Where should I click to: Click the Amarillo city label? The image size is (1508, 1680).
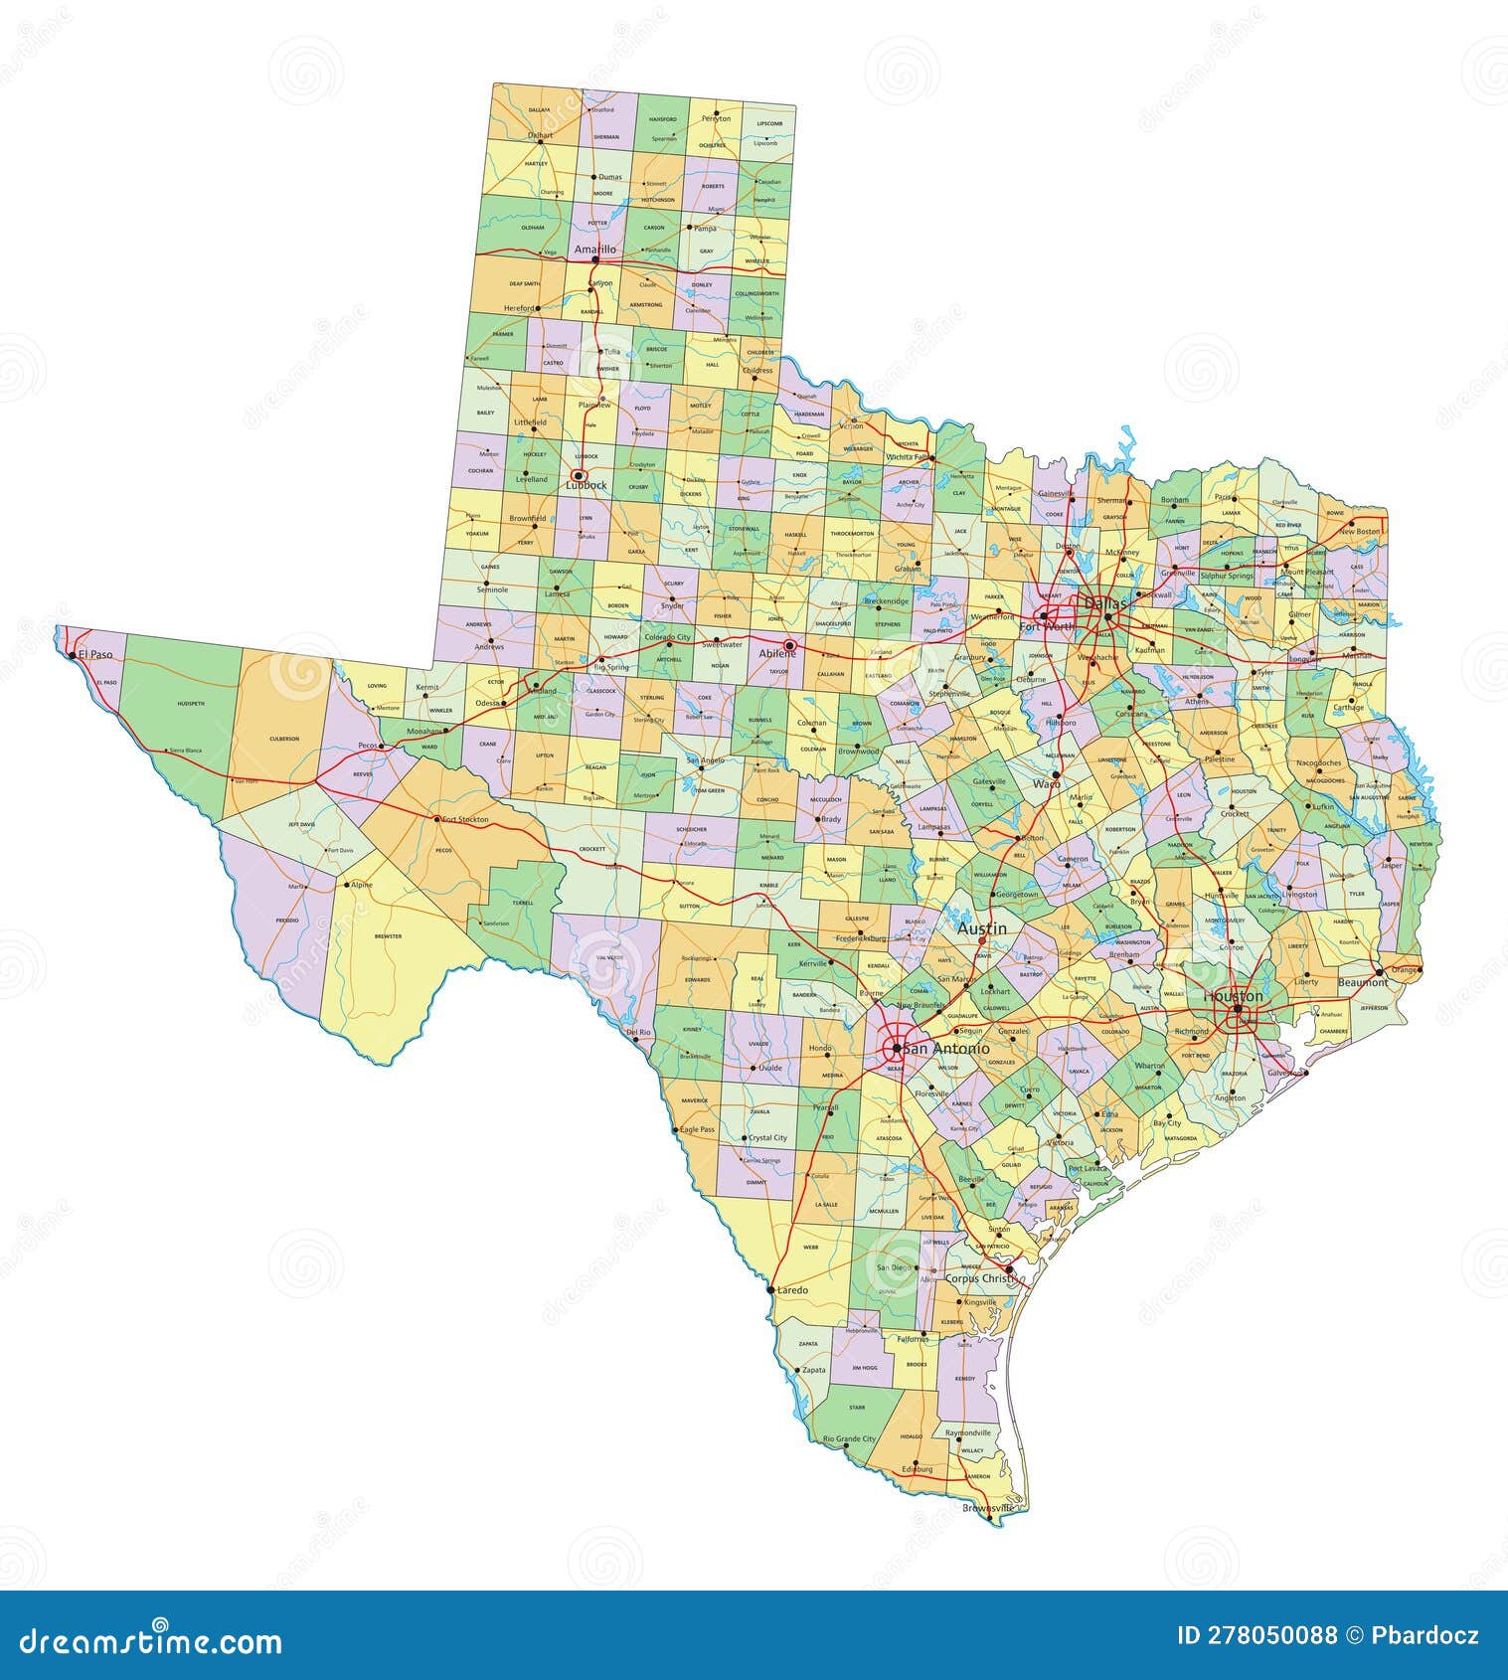594,250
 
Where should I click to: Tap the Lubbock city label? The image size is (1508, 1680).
586,485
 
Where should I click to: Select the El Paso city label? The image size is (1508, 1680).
96,655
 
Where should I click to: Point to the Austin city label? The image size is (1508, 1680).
981,927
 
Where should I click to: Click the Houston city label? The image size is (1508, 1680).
1233,995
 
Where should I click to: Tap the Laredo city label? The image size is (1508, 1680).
792,1290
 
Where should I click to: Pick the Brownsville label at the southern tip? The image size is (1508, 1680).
988,1508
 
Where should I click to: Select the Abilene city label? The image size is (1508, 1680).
777,654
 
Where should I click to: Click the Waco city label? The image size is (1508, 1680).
1046,783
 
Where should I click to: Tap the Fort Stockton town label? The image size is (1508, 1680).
465,819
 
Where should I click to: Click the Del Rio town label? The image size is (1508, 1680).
637,1033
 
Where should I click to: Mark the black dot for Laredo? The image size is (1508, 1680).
771,1289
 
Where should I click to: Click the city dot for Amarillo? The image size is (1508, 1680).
594,260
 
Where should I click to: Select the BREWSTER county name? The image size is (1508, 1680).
388,935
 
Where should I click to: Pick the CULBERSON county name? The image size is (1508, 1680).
283,739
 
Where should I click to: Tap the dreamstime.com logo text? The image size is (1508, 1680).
151,1640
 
